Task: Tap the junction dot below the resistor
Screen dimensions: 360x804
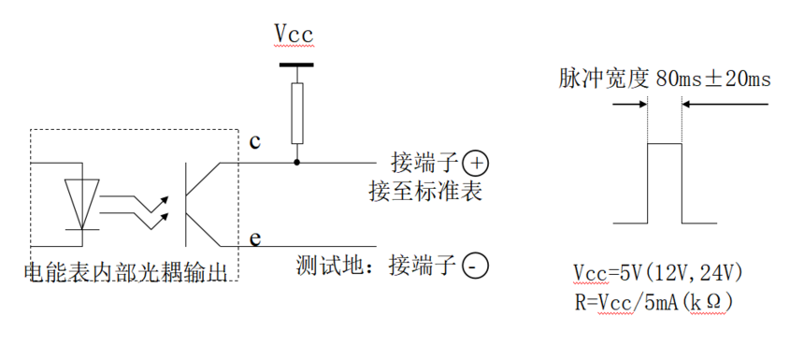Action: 297,163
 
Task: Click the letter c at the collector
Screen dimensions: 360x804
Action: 253,142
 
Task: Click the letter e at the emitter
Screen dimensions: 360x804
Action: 253,238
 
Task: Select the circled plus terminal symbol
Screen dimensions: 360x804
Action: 476,164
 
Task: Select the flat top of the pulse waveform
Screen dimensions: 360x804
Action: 665,143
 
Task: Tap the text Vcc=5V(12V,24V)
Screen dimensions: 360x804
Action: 658,274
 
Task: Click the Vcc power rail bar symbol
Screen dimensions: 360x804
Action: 297,65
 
